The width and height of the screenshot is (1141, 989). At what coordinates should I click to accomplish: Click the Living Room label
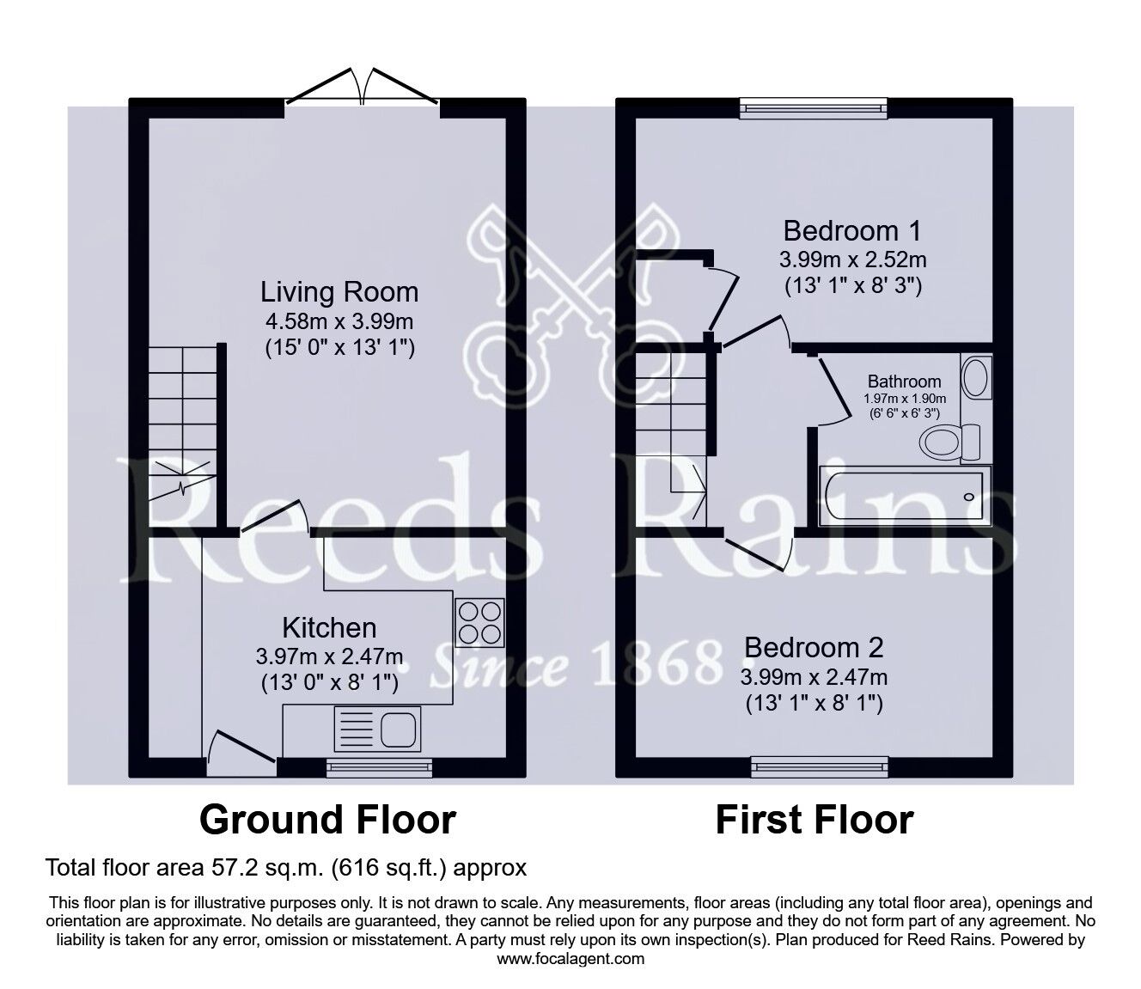[339, 292]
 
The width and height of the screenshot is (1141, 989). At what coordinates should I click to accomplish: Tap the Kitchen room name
[329, 628]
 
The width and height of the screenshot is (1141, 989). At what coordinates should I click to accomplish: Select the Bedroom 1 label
[852, 231]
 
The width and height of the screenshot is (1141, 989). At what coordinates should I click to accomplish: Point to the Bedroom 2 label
[814, 647]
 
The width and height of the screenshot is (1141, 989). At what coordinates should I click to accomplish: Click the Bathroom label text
[904, 381]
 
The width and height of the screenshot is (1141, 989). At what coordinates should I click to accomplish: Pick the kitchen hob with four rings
[479, 623]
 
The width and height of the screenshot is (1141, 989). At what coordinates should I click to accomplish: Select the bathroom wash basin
[977, 376]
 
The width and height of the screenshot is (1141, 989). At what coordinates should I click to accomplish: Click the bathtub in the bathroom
[905, 495]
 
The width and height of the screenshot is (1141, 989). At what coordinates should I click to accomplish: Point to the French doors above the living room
[362, 87]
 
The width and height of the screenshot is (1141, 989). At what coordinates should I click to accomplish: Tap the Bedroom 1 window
[813, 108]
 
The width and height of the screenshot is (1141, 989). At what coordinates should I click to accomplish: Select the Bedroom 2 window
[820, 767]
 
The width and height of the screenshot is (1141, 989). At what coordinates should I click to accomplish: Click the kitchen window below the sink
[379, 767]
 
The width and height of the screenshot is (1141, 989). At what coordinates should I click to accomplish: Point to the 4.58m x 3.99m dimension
[339, 321]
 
